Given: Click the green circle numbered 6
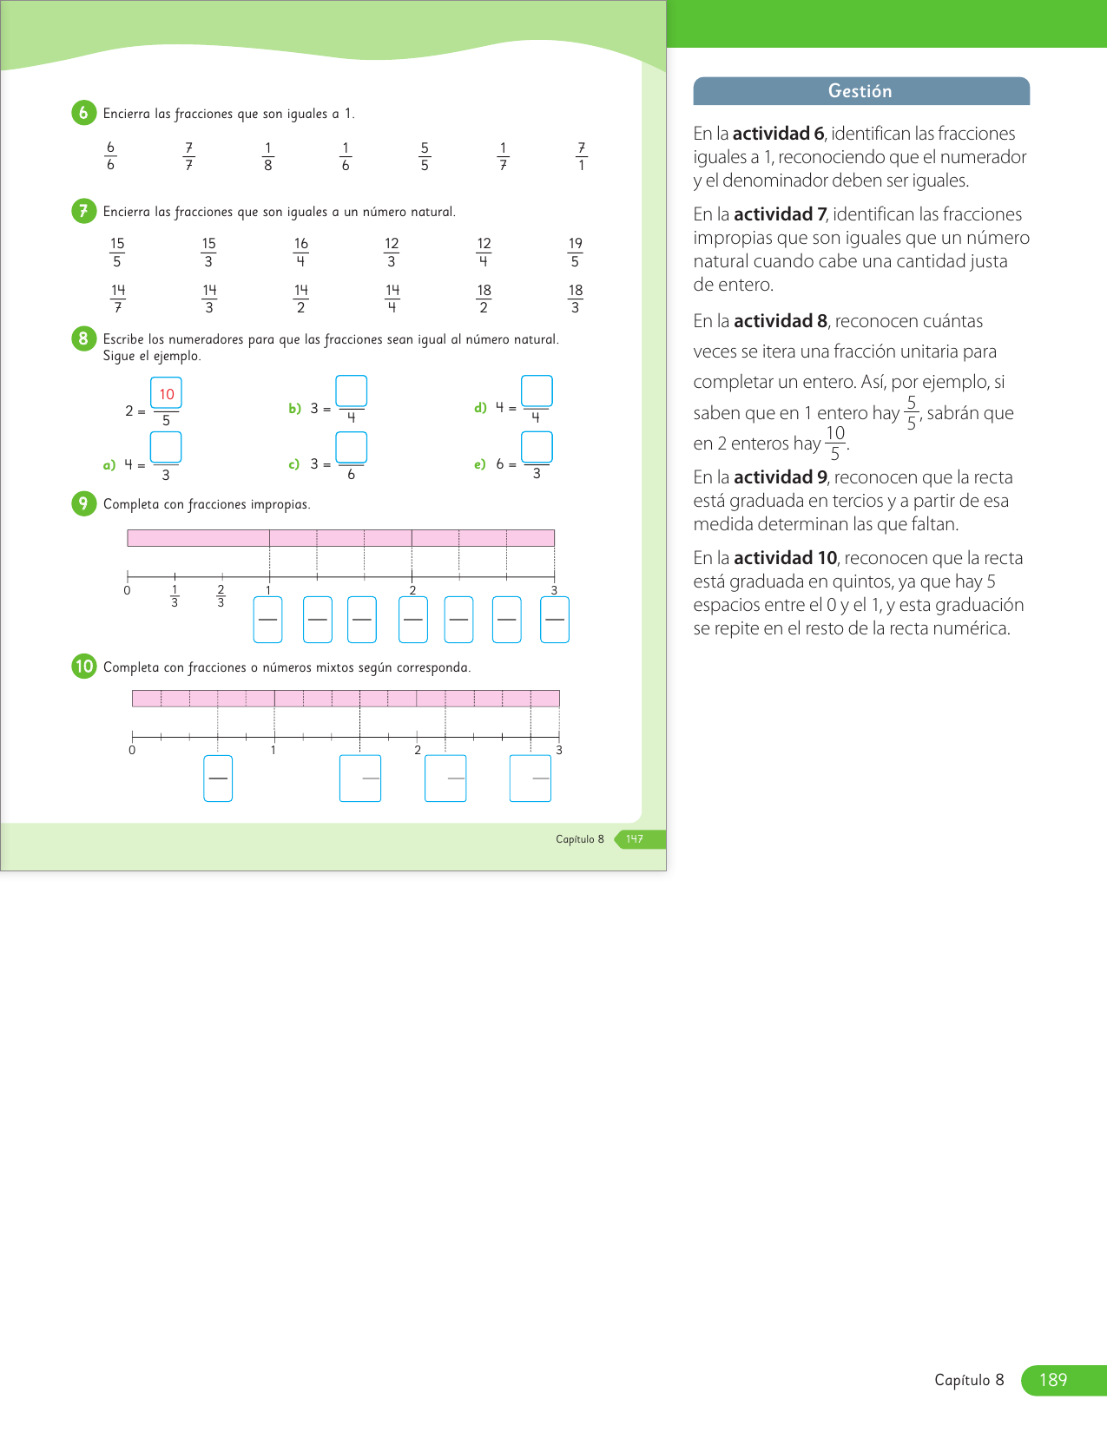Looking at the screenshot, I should click(x=83, y=113).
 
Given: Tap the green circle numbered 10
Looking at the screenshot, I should click(x=83, y=667).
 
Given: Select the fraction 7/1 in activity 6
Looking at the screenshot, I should click(x=581, y=156).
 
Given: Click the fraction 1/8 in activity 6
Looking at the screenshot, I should click(x=267, y=156).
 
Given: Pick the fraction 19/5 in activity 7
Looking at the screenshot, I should click(x=575, y=253).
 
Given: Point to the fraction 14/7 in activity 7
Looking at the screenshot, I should click(x=118, y=299).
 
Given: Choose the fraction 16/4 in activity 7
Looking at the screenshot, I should click(x=300, y=253).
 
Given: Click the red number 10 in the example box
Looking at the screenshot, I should click(x=166, y=394).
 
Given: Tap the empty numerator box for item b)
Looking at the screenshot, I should click(x=351, y=391).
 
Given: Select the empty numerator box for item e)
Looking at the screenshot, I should click(x=537, y=447).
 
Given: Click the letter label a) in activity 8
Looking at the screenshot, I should click(x=109, y=465).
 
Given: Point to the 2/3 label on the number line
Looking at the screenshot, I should click(x=221, y=596).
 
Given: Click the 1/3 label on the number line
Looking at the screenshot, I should click(x=175, y=596).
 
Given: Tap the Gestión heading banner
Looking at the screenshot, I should click(x=860, y=91).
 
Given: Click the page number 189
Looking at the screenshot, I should click(x=1052, y=1380).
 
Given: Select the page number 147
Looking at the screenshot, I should click(x=635, y=839).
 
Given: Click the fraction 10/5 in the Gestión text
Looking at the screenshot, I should click(x=835, y=443).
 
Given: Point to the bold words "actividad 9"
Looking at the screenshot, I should click(x=780, y=477).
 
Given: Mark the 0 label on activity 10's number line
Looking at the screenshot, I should click(x=132, y=751).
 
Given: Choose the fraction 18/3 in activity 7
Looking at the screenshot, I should click(x=575, y=299).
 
